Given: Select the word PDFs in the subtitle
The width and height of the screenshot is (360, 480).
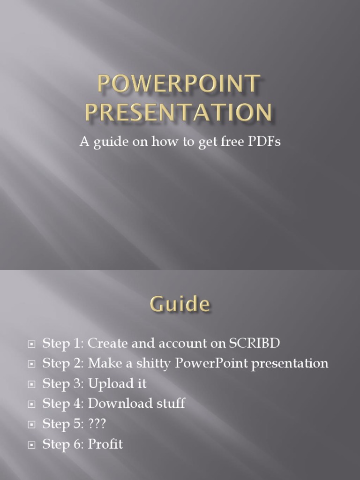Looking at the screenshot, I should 264,142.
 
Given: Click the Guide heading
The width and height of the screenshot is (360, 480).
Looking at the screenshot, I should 180,305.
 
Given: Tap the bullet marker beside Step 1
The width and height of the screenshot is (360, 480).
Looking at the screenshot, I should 32,344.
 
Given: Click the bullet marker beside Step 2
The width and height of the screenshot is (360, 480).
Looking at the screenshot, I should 32,364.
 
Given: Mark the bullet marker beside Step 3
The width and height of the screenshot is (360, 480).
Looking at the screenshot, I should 32,384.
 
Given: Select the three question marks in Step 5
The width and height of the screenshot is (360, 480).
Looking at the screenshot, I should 97,424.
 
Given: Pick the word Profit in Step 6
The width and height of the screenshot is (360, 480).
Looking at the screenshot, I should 105,444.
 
